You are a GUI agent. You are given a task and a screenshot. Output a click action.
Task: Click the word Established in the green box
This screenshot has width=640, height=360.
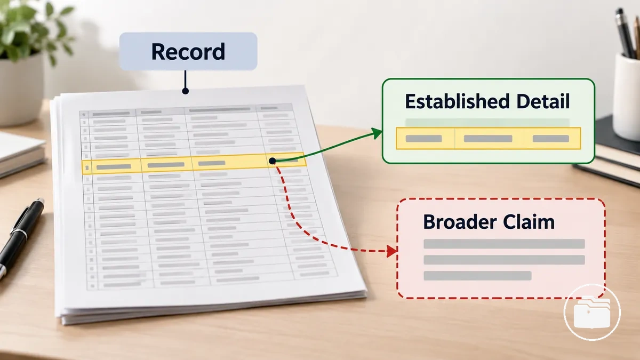point(457,101)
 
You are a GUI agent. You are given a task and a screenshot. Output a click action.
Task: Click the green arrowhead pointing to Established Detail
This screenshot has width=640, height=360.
point(377,133)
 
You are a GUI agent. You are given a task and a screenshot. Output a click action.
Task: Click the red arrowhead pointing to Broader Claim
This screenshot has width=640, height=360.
point(391,251)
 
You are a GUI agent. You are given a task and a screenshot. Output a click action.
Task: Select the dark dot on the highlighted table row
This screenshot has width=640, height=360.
point(273,161)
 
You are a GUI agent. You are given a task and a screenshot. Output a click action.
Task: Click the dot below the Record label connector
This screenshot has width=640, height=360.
point(186,91)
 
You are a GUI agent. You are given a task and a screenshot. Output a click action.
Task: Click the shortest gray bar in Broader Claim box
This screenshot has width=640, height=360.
point(477,276)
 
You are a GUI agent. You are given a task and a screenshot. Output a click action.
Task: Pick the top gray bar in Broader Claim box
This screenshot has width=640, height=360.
point(505,244)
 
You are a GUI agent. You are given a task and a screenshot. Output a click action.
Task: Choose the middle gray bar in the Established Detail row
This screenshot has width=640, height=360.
point(488,139)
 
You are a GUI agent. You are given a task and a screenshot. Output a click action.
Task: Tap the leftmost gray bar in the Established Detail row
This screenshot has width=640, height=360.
point(423,139)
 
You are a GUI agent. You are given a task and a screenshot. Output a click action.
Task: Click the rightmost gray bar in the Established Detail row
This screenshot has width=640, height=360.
point(551,139)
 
